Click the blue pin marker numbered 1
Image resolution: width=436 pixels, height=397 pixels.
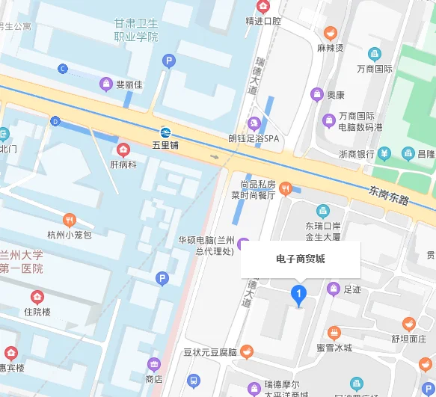pyautogui.click(x=299, y=295)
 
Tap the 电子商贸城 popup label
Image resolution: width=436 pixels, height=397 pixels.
pyautogui.click(x=300, y=259)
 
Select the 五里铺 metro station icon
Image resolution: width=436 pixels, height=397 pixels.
pyautogui.click(x=165, y=131)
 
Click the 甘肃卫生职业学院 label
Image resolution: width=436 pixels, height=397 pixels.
pyautogui.click(x=135, y=31)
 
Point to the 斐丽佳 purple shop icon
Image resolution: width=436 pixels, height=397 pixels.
pyautogui.click(x=107, y=84)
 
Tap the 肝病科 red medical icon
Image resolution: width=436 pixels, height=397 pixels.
pyautogui.click(x=123, y=150)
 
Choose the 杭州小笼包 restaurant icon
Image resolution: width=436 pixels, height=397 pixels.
pyautogui.click(x=70, y=220)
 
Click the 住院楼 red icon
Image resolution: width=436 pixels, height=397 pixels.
pyautogui.click(x=37, y=297)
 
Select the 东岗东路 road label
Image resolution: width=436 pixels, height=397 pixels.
pyautogui.click(x=388, y=195)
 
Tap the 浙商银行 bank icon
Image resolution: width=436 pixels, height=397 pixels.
pyautogui.click(x=384, y=154)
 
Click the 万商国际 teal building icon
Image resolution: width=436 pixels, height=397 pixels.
pyautogui.click(x=375, y=54)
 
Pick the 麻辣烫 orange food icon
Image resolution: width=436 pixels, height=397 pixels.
pyautogui.click(x=330, y=33)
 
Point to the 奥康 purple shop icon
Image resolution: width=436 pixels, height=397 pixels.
pyautogui.click(x=317, y=95)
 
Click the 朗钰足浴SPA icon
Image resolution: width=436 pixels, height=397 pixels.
pyautogui.click(x=254, y=123)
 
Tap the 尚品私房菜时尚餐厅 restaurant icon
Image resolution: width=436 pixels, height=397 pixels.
pyautogui.click(x=285, y=189)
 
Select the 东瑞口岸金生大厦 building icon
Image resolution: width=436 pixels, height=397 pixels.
pyautogui.click(x=322, y=211)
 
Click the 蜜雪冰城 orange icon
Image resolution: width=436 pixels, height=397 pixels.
pyautogui.click(x=334, y=333)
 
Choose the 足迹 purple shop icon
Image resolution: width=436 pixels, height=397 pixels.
pyautogui.click(x=334, y=289)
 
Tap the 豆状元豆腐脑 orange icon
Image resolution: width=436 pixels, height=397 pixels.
pyautogui.click(x=247, y=351)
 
